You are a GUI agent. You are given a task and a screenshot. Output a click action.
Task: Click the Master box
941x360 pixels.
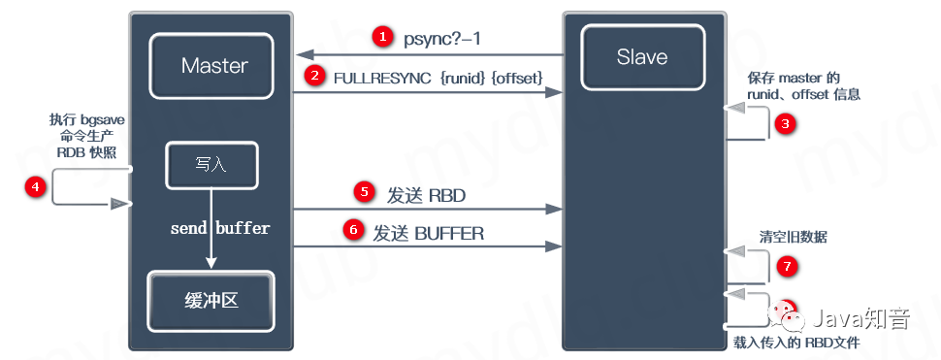214,66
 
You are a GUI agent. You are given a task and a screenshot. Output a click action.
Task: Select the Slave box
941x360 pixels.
641,57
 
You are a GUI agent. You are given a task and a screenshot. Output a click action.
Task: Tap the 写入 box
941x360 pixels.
211,164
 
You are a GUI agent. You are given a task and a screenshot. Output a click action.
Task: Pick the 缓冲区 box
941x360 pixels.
211,300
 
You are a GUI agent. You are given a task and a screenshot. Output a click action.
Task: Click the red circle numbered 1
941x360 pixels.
383,38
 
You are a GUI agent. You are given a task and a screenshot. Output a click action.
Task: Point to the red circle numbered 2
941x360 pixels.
313,76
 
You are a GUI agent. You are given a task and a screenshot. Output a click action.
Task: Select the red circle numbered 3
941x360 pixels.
786,123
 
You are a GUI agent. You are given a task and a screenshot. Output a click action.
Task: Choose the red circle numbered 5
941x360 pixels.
365,191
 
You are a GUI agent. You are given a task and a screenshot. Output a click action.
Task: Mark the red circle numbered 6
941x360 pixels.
354,231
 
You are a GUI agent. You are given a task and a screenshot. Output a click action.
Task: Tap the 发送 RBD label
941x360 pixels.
427,195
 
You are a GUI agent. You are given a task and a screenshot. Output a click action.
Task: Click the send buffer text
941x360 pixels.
220,229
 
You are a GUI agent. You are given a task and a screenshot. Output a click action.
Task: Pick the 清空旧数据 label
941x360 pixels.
793,237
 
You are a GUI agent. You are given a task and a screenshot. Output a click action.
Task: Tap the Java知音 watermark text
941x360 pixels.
861,315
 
